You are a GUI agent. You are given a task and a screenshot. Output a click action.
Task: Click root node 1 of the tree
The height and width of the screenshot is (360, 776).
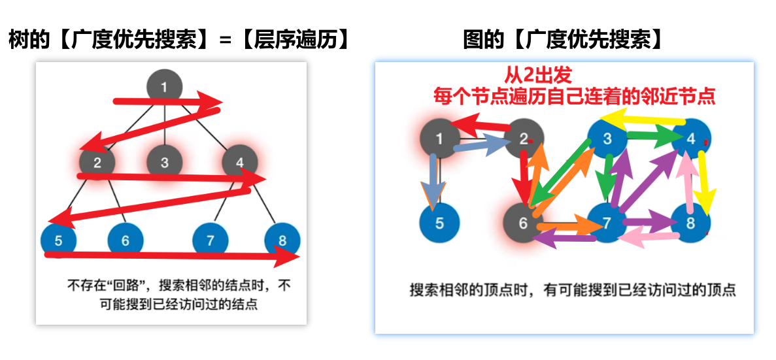coord(164,86)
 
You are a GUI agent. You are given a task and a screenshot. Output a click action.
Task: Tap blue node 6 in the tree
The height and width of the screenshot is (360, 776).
coord(125,241)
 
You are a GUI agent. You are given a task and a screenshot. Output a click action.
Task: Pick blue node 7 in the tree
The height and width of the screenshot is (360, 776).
coord(210,241)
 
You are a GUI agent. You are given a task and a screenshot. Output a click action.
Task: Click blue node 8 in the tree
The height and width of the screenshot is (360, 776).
coord(282,240)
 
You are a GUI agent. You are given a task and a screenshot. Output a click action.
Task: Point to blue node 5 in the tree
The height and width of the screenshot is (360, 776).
coord(58,240)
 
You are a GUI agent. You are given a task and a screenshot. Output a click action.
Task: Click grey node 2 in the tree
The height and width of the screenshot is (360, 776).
coord(97,162)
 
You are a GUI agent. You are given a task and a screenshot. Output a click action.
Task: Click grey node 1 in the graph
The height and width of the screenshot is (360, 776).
coord(439,139)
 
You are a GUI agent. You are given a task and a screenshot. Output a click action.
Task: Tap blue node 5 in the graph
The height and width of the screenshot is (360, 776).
coord(439,223)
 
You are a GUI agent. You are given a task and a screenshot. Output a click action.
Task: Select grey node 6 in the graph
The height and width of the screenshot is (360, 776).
coord(522,223)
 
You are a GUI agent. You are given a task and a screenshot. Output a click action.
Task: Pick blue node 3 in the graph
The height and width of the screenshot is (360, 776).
coord(607,138)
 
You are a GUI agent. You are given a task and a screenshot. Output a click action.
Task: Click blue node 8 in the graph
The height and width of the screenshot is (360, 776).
coord(690,223)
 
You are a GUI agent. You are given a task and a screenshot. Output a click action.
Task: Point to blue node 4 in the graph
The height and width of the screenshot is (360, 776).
coord(690,138)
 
